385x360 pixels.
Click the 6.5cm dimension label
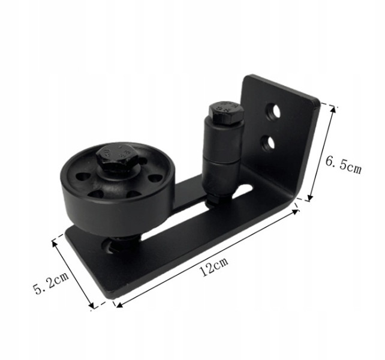tap(343, 165)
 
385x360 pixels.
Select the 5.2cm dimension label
tap(51, 283)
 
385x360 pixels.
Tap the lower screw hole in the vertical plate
tap(267, 143)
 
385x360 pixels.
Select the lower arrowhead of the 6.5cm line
tap(311, 197)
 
